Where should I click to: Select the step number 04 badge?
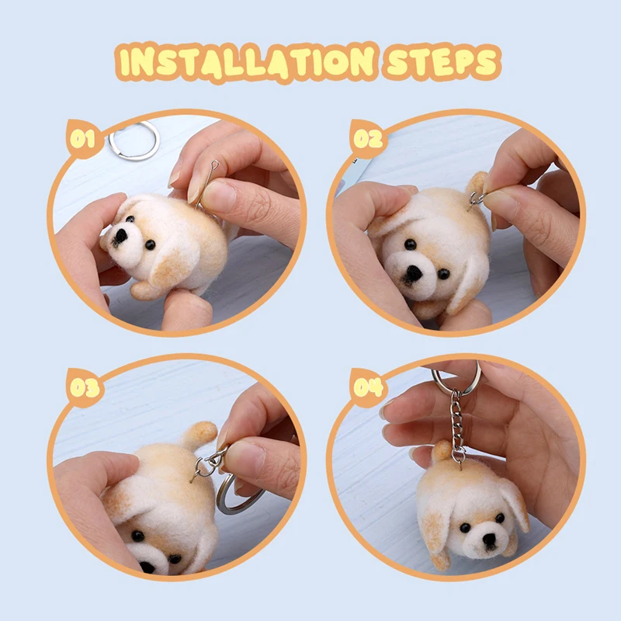click(x=368, y=387)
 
